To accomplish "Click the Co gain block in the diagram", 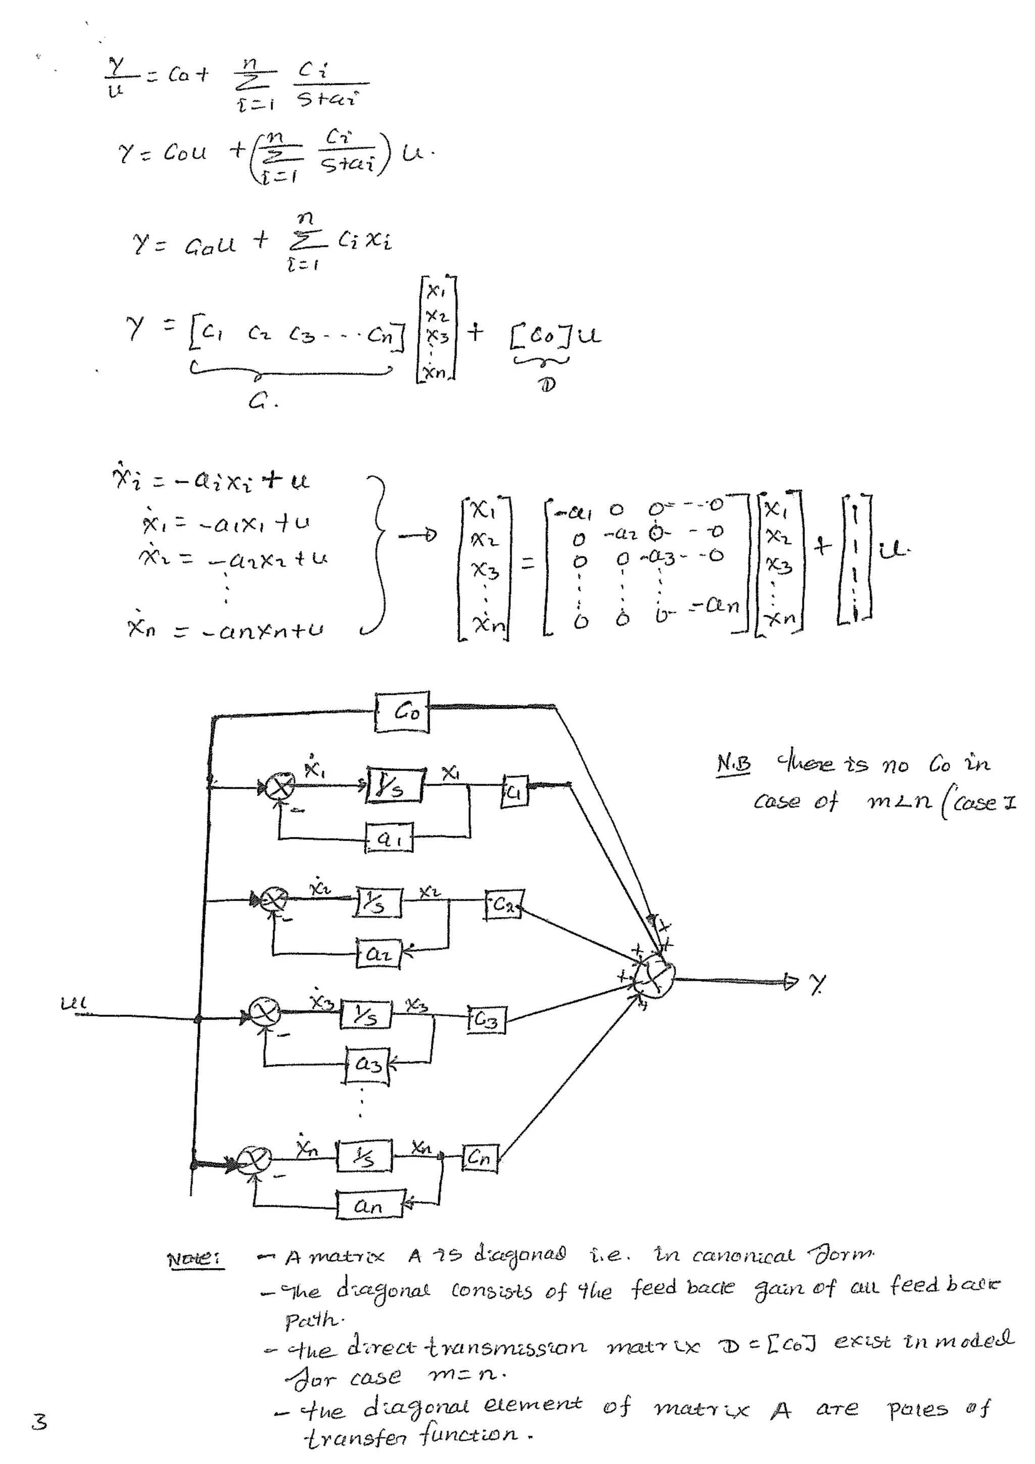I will pyautogui.click(x=402, y=712).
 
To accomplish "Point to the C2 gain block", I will pyautogui.click(x=504, y=904).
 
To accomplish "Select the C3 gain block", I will pyautogui.click(x=487, y=1020).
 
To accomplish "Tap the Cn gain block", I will pyautogui.click(x=480, y=1157).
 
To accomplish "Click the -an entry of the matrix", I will pyautogui.click(x=716, y=604).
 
